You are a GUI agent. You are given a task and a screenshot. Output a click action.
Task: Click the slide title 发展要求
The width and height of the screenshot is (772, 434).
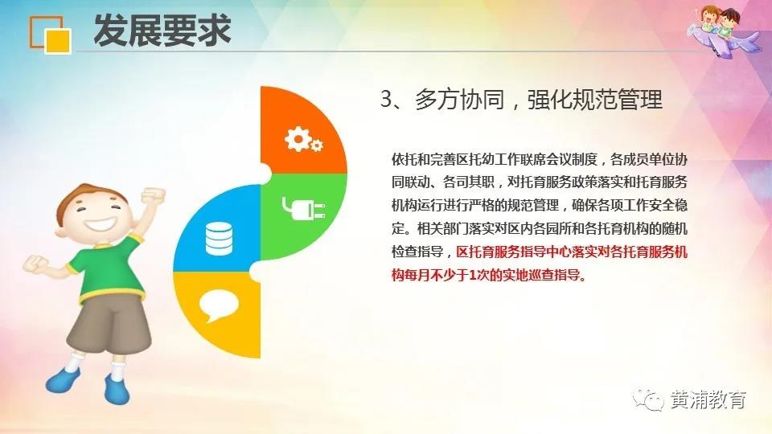click(x=162, y=31)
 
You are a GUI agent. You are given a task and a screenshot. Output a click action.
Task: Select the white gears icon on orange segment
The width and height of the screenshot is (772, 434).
click(x=303, y=139)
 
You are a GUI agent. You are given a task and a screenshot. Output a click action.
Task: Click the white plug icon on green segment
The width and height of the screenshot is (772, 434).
click(x=303, y=208)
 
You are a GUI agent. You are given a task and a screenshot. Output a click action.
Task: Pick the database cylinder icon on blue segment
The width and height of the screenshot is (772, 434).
click(x=219, y=239)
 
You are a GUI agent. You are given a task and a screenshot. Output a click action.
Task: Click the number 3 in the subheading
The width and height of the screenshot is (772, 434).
click(x=387, y=100)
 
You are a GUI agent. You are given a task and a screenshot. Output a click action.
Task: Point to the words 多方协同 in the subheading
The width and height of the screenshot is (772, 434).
click(x=459, y=100)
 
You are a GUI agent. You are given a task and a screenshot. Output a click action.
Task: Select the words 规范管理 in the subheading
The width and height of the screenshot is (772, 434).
click(x=618, y=100)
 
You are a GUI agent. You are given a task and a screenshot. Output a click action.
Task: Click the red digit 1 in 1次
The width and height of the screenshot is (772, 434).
click(x=473, y=276)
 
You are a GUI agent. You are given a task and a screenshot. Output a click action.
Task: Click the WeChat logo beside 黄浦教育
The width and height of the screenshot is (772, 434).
click(x=648, y=399)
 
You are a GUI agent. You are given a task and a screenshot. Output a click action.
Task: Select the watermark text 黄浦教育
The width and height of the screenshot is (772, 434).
click(x=708, y=399)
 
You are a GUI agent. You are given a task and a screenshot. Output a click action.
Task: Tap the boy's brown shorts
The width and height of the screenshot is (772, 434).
click(x=109, y=325)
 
